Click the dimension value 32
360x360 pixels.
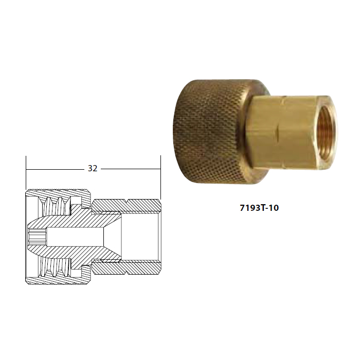coord(93,169)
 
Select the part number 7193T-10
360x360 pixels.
coord(259,208)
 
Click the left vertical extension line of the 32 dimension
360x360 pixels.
coord(26,173)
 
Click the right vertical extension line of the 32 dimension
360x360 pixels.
coord(160,177)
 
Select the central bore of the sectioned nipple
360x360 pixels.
coord(75,237)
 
